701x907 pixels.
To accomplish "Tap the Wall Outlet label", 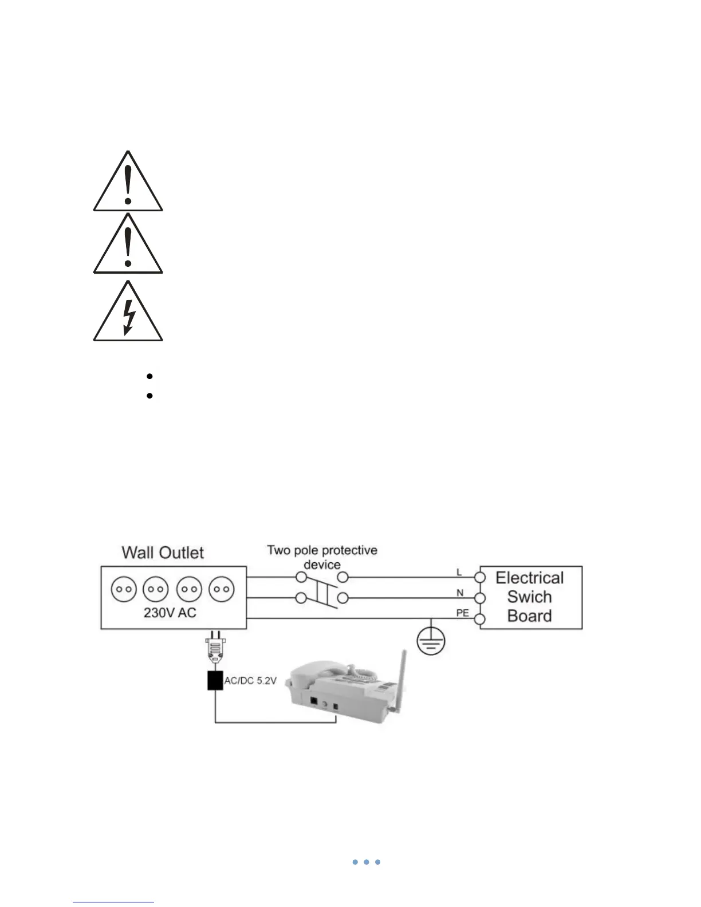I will coord(163,553).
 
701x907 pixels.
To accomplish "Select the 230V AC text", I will coord(170,613).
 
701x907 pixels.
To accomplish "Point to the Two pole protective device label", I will coord(322,557).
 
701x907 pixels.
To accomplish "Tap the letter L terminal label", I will coord(459,572).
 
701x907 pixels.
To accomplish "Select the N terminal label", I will coord(459,593).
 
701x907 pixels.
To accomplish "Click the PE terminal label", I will coord(462,613).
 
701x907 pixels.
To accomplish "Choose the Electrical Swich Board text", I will coord(530,597).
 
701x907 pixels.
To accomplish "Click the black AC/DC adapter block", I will coord(215,680).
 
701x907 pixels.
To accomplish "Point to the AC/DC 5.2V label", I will coord(250,682).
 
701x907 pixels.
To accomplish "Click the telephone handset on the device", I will coord(321,673).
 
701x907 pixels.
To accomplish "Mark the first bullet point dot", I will coord(149,376).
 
